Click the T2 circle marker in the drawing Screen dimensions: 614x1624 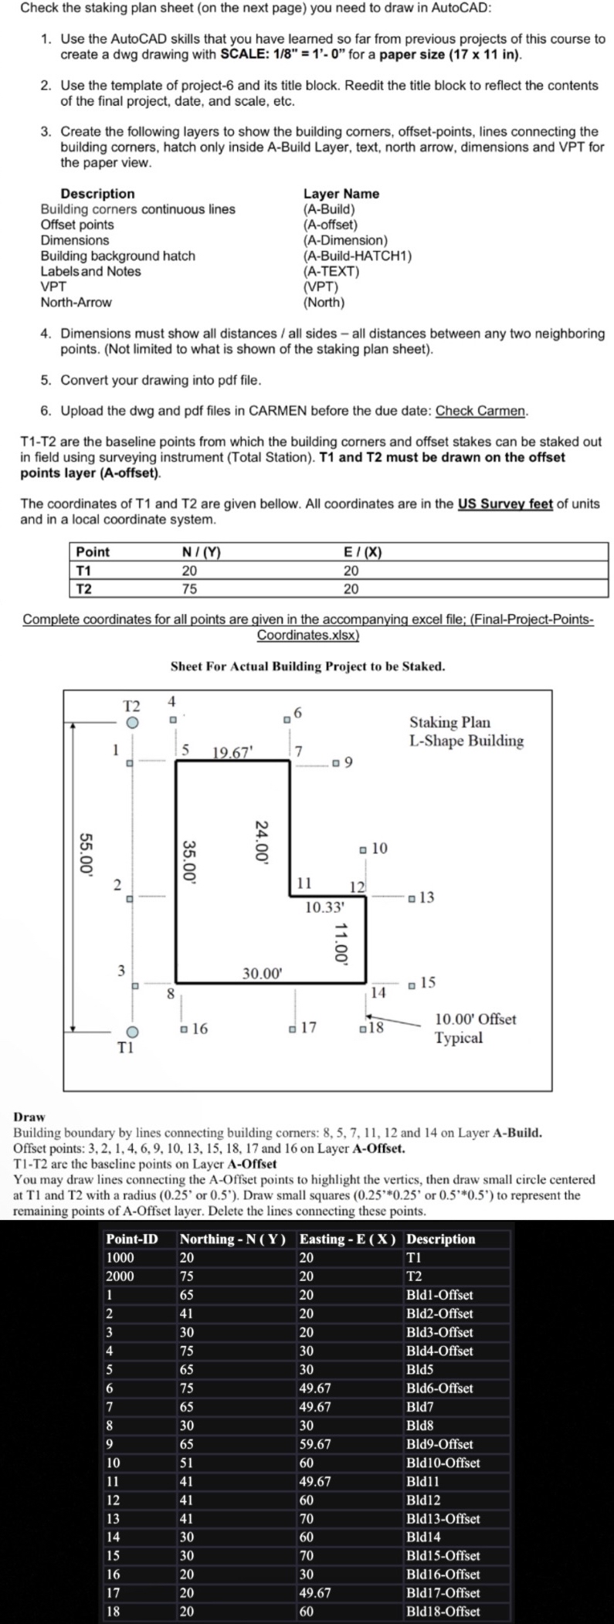[133, 723]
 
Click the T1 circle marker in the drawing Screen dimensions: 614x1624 [132, 1032]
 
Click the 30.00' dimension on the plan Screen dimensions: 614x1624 [263, 974]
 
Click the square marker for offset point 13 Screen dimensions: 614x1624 [413, 897]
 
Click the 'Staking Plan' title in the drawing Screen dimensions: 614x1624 [449, 722]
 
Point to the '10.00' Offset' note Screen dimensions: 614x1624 [476, 1019]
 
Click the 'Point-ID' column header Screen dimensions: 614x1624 [132, 1239]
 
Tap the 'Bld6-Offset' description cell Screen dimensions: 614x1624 [439, 1388]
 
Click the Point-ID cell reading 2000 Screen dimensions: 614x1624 [120, 1276]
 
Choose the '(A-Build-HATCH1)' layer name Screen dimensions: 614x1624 [358, 256]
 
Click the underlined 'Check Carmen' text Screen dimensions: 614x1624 [481, 411]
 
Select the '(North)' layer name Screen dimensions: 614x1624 [324, 302]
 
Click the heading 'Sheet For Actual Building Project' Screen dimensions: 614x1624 [307, 666]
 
